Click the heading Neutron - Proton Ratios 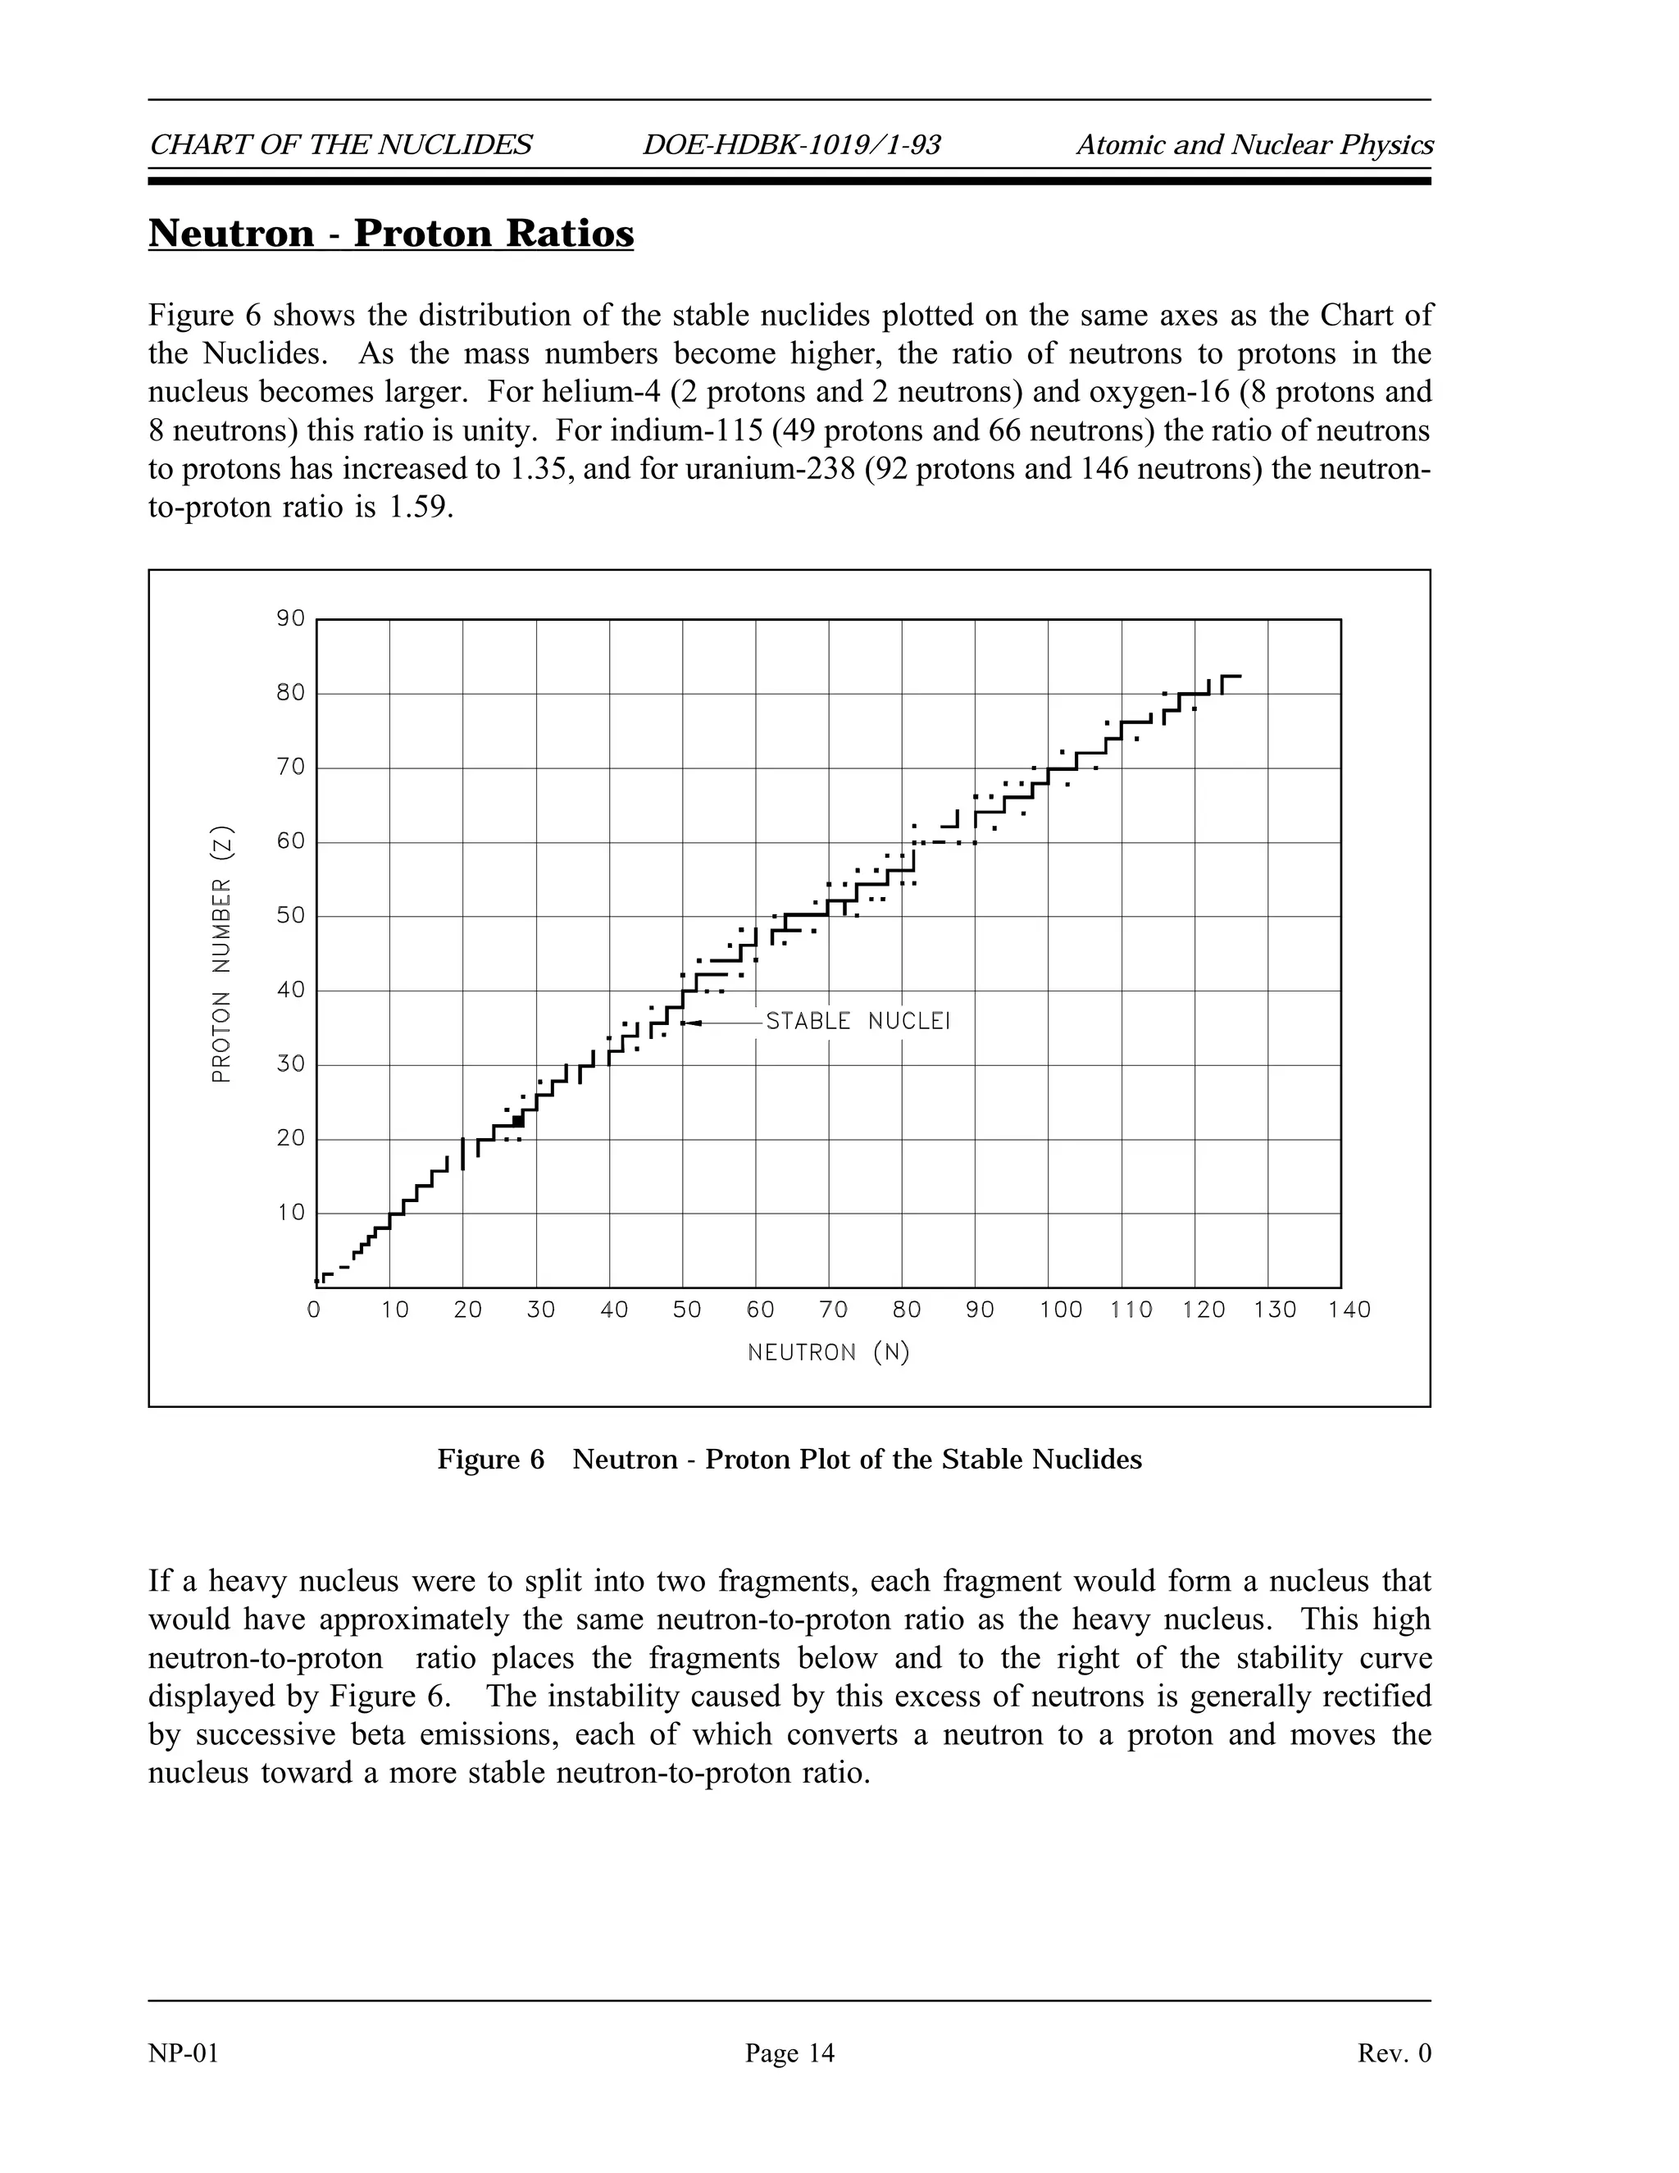click(391, 234)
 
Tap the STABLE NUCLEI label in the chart click(858, 1022)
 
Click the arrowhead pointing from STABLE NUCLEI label click(694, 1023)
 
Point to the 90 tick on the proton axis click(290, 619)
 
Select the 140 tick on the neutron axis click(1349, 1310)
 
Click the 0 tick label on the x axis click(314, 1310)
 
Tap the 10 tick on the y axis click(290, 1213)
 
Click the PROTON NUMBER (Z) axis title click(222, 955)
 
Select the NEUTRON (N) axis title click(829, 1353)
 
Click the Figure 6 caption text click(789, 1460)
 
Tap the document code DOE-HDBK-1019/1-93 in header click(791, 145)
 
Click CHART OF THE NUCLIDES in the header click(340, 145)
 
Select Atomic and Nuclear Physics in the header click(1254, 145)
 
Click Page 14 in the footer click(789, 2052)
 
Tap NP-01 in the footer click(183, 2052)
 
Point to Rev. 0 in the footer click(1395, 2052)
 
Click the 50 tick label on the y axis click(290, 915)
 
